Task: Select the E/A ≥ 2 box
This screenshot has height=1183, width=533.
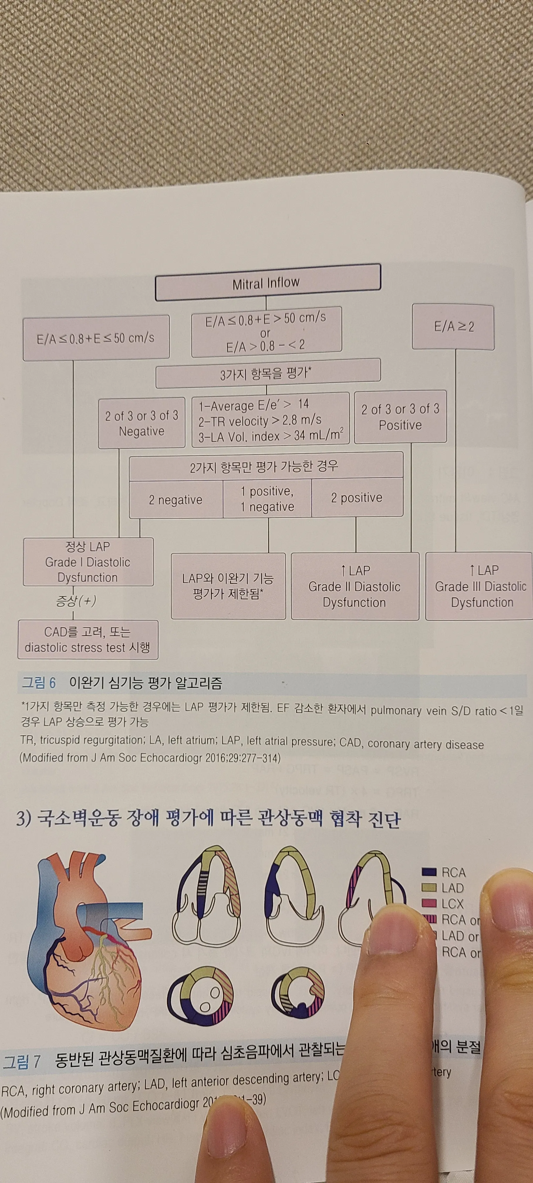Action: (x=453, y=327)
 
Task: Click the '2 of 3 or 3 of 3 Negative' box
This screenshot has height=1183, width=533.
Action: (x=141, y=423)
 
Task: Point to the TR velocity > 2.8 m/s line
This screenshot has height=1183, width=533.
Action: (x=260, y=420)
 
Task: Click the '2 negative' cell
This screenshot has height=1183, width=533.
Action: (x=176, y=500)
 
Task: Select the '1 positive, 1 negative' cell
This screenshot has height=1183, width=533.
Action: (x=267, y=499)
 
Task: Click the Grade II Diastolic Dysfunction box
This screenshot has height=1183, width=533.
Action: (x=355, y=587)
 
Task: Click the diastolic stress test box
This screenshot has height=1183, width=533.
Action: (x=88, y=640)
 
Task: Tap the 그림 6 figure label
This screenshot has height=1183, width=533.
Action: (x=39, y=683)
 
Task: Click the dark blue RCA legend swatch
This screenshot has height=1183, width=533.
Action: (x=429, y=872)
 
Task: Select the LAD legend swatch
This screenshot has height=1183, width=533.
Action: (x=429, y=888)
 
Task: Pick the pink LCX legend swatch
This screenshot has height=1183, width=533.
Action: (x=429, y=903)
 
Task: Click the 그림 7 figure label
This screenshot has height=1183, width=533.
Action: (x=22, y=1061)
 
